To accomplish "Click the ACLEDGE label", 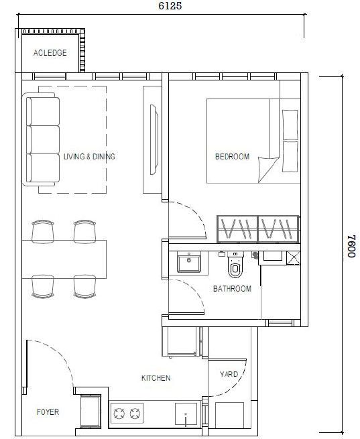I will (x=50, y=53).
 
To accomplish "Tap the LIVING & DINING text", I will (x=89, y=157).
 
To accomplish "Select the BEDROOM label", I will (x=232, y=157).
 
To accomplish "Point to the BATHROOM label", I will (x=232, y=289).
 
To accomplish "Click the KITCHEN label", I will (x=156, y=378).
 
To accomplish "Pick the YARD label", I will (x=229, y=374).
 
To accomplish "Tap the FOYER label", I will (x=48, y=412).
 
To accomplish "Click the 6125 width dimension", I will (x=170, y=6).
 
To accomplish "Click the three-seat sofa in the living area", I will (x=43, y=141).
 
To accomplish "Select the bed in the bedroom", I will (x=253, y=141).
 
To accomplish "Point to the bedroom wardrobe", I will (x=257, y=229).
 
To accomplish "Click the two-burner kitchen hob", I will (x=127, y=412).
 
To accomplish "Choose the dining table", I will (x=64, y=259).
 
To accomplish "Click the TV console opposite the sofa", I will (x=152, y=141).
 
